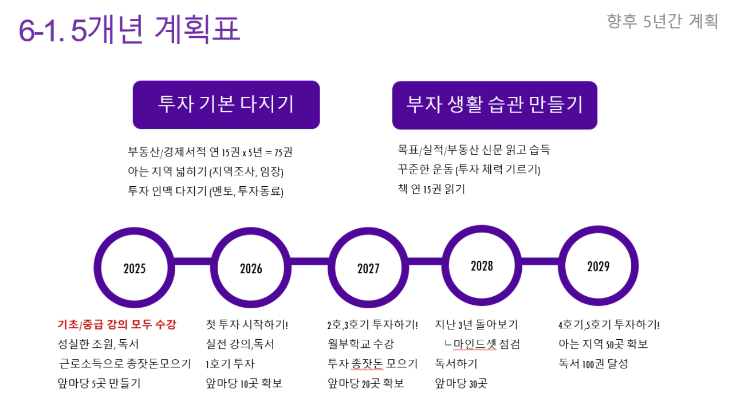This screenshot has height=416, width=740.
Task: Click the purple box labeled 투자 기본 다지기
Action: coord(226,105)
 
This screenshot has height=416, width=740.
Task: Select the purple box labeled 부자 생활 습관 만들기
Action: coord(495,105)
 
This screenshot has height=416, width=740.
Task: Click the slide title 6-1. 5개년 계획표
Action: coord(129,29)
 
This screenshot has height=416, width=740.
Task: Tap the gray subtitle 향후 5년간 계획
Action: coord(662,21)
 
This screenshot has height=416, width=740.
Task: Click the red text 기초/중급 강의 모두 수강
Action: coord(117,324)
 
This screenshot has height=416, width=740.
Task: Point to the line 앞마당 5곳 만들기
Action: coord(99,383)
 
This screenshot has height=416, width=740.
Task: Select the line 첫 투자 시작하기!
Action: coord(247,324)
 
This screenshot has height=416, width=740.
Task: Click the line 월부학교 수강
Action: coord(361,344)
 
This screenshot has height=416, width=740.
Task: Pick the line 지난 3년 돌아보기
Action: coord(477,324)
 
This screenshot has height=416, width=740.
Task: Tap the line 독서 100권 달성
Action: coord(593,364)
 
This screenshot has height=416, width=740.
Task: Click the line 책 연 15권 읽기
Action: coord(431,189)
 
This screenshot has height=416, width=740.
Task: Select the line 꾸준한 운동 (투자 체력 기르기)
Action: coord(469,170)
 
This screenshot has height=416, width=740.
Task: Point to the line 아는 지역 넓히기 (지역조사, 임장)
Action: coord(206,171)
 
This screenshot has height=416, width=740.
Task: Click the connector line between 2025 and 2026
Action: coord(192,261)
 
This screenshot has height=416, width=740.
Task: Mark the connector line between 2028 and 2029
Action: coord(540,261)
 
